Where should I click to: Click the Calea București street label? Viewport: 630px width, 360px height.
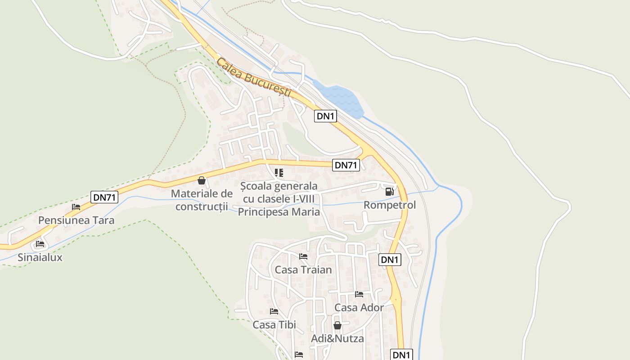[x=254, y=77]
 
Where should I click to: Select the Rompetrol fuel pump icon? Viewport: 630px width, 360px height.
[x=389, y=192]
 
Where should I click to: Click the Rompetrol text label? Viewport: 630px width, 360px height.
[x=390, y=205]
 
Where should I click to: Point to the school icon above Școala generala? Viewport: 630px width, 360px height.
[x=279, y=173]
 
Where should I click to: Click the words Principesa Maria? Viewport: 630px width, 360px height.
[x=279, y=211]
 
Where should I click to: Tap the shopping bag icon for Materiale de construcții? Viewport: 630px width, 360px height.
[x=202, y=180]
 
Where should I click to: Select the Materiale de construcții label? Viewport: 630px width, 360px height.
[x=202, y=200]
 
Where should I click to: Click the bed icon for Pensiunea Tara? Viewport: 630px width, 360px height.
[x=76, y=207]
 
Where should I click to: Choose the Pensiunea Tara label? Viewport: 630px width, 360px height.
[x=76, y=220]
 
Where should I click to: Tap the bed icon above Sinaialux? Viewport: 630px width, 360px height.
[x=40, y=244]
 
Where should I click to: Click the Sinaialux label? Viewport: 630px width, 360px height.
[x=40, y=257]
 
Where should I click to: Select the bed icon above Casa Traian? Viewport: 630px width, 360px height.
[x=303, y=256]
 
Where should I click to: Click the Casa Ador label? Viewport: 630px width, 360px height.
[x=359, y=308]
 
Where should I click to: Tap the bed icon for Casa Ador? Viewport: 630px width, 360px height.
[x=359, y=294]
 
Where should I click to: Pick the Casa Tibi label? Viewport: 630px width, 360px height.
[x=274, y=324]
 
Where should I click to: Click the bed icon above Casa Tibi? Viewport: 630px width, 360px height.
[x=274, y=311]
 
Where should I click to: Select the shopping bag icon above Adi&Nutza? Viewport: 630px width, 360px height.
[x=337, y=325]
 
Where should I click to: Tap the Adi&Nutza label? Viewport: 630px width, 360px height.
[x=337, y=338]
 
